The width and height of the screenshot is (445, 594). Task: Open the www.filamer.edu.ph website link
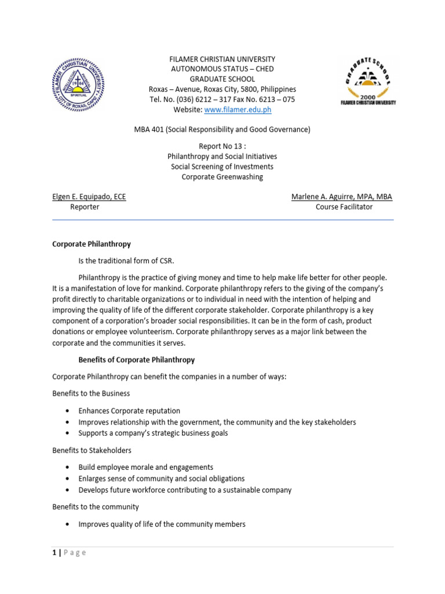click(x=238, y=110)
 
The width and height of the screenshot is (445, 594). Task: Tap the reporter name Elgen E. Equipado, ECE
click(x=89, y=197)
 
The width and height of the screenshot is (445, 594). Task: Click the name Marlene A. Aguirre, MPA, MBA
click(x=342, y=197)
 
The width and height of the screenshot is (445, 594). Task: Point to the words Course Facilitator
click(x=344, y=207)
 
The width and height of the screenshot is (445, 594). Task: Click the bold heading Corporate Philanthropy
click(x=92, y=244)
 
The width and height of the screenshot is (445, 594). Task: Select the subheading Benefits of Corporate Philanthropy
click(x=137, y=360)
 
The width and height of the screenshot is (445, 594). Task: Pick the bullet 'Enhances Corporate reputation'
click(x=129, y=411)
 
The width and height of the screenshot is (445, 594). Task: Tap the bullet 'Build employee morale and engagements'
click(x=146, y=467)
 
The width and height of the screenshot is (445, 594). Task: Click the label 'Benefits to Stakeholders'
click(x=92, y=450)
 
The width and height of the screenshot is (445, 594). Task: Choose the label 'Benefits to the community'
click(x=96, y=506)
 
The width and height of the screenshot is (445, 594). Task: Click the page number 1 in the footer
click(x=54, y=553)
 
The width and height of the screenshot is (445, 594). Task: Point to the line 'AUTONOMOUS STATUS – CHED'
click(x=222, y=69)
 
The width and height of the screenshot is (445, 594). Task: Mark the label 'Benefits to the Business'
click(x=91, y=394)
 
